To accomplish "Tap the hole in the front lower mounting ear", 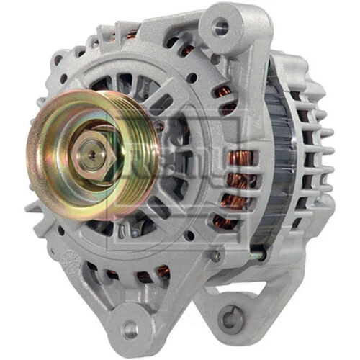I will click(x=130, y=329).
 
